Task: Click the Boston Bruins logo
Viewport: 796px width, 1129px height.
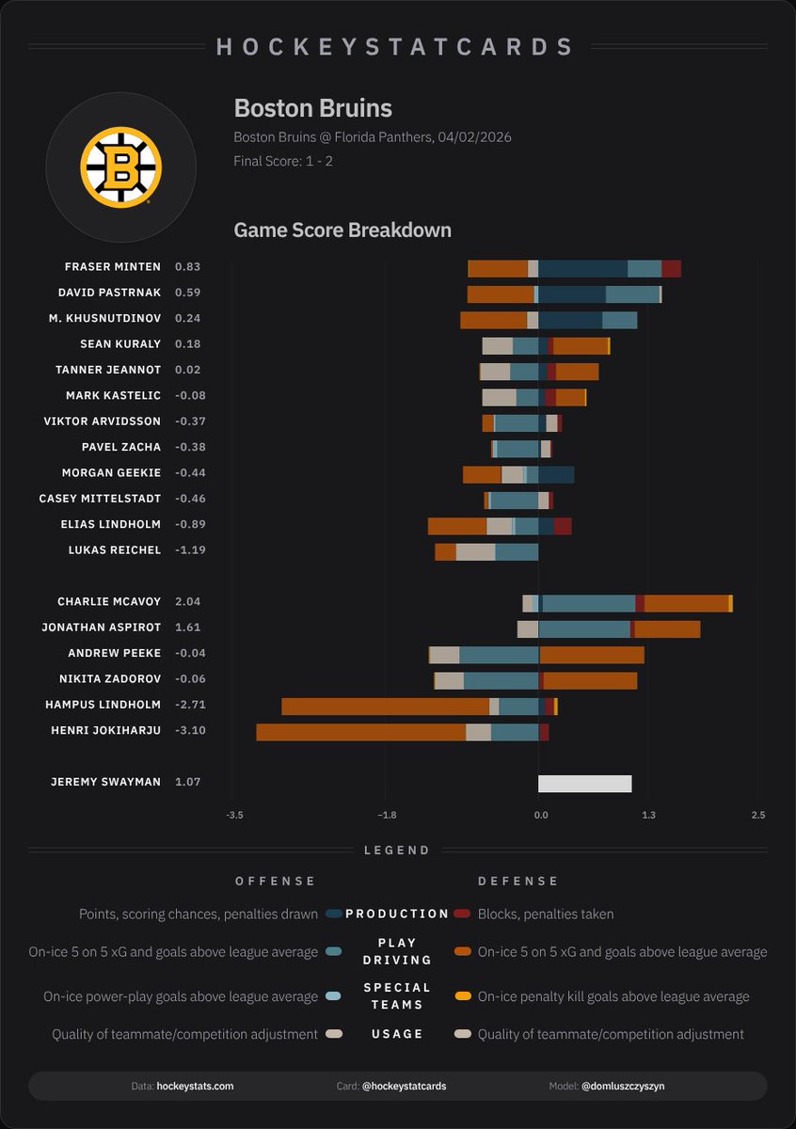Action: coord(120,168)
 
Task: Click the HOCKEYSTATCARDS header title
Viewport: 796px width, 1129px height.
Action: coord(396,47)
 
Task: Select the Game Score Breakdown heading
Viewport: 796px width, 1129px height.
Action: coord(342,230)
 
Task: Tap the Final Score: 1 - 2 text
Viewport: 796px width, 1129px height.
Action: coord(283,161)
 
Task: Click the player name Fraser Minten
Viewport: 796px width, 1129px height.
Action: coord(112,267)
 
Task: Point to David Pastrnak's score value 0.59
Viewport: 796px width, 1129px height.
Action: coord(187,293)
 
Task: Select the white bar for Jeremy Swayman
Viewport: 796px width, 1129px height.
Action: coord(584,784)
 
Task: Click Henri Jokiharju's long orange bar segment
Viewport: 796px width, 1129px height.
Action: coord(360,732)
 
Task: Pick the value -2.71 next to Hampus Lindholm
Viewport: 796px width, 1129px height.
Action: coord(190,705)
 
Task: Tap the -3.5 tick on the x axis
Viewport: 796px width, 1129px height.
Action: coord(235,815)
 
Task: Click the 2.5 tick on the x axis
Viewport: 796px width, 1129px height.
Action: coord(757,815)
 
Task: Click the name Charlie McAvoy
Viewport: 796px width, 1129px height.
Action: coord(108,602)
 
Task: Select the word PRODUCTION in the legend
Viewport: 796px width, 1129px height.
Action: coord(397,914)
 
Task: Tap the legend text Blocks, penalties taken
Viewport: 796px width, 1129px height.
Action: coord(546,914)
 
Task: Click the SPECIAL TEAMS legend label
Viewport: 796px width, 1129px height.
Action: coord(397,995)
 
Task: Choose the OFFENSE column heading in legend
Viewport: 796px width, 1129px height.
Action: coord(276,882)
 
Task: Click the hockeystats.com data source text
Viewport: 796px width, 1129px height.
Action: coord(195,1086)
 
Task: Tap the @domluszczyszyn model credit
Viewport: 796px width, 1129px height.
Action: coord(624,1086)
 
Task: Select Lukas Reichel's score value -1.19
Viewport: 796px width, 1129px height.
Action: coord(190,550)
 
